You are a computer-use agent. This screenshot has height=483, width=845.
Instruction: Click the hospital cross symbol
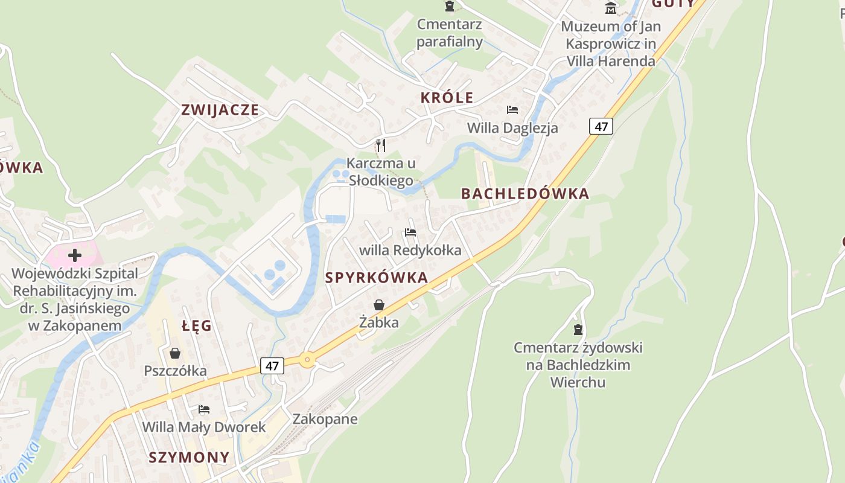[x=75, y=255]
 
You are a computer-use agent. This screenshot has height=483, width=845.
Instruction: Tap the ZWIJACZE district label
[x=220, y=110]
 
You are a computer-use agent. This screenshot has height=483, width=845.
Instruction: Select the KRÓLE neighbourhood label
[x=447, y=98]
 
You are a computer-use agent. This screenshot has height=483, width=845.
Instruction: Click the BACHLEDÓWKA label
[x=525, y=194]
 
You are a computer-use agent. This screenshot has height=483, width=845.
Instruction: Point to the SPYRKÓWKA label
[x=377, y=278]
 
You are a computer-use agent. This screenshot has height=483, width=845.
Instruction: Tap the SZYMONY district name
[x=190, y=457]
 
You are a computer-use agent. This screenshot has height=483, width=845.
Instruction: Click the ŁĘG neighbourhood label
[x=197, y=326]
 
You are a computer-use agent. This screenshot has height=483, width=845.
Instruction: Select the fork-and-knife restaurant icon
[x=380, y=145]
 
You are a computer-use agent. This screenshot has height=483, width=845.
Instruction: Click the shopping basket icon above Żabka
[x=379, y=305]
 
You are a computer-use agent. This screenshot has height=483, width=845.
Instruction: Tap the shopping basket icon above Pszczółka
[x=175, y=353]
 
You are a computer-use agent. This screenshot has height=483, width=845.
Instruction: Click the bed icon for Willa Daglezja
[x=512, y=110]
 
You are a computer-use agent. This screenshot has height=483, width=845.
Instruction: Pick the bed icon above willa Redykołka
[x=410, y=232]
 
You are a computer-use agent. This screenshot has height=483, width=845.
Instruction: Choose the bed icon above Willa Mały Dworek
[x=204, y=409]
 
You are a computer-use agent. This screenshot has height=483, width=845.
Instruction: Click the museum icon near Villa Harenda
[x=611, y=8]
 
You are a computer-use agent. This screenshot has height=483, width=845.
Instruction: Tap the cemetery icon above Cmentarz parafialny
[x=450, y=7]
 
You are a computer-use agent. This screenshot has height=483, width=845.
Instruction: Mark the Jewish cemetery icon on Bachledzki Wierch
[x=578, y=330]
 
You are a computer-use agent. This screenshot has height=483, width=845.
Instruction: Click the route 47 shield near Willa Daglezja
[x=601, y=126]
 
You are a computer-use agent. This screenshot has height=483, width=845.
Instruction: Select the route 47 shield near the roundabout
[x=272, y=366]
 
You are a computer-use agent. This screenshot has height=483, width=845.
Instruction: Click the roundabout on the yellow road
[x=308, y=360]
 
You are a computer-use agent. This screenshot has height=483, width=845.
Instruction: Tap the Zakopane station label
[x=325, y=419]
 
